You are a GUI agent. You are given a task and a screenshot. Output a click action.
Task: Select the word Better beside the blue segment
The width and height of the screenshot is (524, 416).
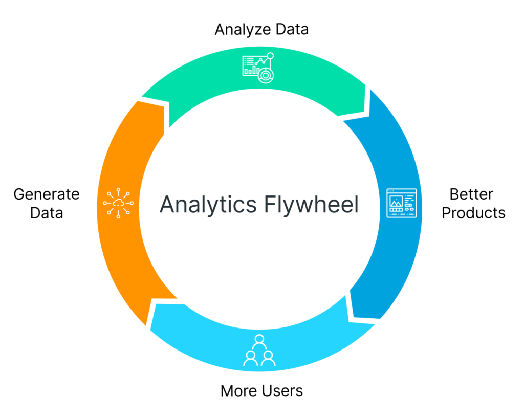(471, 194)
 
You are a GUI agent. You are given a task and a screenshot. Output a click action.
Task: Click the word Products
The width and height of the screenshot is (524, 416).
(473, 213)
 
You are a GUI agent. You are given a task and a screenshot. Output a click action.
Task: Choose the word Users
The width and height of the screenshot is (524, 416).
(282, 391)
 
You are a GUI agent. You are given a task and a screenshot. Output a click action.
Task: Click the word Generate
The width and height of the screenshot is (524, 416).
(47, 194)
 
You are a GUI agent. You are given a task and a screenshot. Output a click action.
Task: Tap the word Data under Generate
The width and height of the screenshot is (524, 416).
(47, 213)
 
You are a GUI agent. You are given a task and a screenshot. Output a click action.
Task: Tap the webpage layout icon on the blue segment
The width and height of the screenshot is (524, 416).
(401, 203)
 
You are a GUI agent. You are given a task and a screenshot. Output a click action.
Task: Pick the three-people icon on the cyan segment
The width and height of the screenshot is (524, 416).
(259, 351)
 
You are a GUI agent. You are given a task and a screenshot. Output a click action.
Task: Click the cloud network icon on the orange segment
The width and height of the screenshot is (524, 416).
(118, 204)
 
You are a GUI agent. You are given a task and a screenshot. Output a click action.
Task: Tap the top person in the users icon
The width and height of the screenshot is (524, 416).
(259, 339)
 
